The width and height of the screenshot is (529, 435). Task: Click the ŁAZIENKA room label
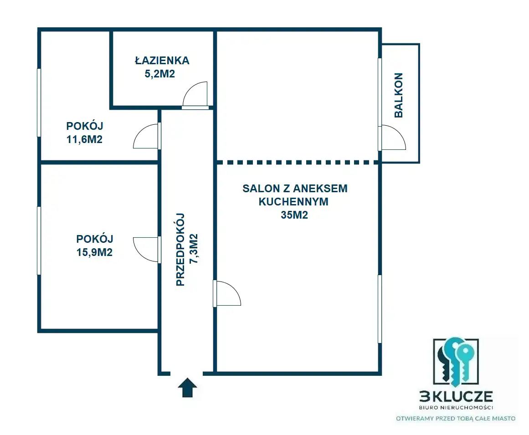(x=162, y=61)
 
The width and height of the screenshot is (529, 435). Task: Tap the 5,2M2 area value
(x=160, y=74)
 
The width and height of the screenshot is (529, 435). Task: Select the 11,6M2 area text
(x=84, y=139)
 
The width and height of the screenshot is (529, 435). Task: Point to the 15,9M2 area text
(x=94, y=252)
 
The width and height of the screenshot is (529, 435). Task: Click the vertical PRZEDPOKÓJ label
(x=180, y=250)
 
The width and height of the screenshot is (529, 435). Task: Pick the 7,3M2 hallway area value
(x=194, y=249)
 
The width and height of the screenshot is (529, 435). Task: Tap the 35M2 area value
(x=294, y=215)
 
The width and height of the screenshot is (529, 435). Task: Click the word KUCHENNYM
(x=293, y=202)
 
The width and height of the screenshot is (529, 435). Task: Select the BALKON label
(x=399, y=95)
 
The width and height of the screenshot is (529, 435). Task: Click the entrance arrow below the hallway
(x=188, y=388)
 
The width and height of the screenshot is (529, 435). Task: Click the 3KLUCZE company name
(x=456, y=397)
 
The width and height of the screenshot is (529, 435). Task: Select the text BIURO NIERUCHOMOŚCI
(x=456, y=407)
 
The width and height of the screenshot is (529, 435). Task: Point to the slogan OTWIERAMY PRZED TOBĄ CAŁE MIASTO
(x=456, y=419)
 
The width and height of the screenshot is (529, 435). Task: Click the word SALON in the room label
(x=257, y=189)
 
